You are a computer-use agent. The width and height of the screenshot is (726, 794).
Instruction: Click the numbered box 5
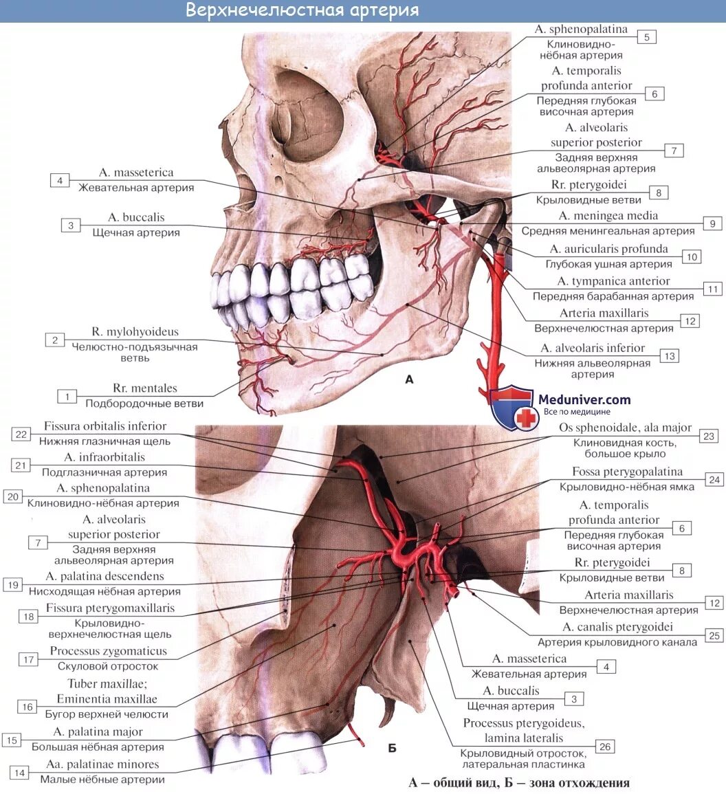tap(646, 37)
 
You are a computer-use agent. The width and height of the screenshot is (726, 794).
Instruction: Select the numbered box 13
tap(669, 355)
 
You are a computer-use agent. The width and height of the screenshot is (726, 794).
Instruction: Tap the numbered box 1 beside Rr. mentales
tap(67, 396)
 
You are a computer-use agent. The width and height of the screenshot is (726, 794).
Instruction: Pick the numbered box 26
tap(604, 747)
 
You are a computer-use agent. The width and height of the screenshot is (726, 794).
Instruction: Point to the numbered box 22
tap(21, 434)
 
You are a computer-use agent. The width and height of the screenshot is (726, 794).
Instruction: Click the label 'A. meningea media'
tap(608, 216)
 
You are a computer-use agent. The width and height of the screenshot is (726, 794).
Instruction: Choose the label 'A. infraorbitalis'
tap(104, 456)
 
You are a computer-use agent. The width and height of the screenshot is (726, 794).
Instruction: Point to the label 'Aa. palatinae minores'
tap(102, 764)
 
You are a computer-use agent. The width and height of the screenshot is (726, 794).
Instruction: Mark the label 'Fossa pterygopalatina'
tap(627, 472)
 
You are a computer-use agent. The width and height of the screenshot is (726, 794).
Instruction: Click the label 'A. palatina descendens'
tap(105, 576)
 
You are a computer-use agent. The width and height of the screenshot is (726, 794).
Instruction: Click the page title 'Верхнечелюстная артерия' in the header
tap(302, 11)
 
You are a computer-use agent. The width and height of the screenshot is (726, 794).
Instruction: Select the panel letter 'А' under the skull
tap(410, 379)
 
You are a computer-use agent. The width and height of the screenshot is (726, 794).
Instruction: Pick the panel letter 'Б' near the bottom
tap(392, 748)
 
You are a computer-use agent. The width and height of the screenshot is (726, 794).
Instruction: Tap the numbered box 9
tap(712, 223)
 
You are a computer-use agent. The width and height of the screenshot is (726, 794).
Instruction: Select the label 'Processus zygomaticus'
tap(108, 650)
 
